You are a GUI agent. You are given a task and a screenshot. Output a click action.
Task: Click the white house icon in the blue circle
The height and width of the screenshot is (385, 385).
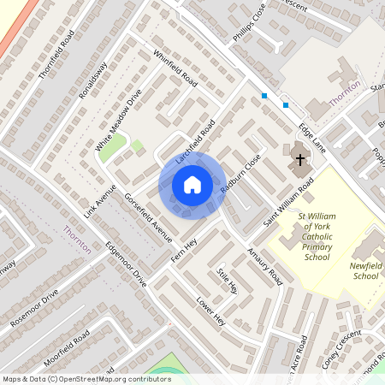pyautogui.click(x=192, y=184)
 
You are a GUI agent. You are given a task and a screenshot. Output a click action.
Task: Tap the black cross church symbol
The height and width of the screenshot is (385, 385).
pyautogui.click(x=300, y=157)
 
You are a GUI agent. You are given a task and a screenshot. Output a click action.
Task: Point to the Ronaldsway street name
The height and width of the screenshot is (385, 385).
pyautogui.click(x=93, y=80)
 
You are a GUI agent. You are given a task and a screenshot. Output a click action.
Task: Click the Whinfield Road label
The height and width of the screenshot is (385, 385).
pyautogui.click(x=175, y=70)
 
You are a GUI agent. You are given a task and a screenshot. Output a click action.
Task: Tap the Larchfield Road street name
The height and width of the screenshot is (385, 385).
pyautogui.click(x=195, y=141)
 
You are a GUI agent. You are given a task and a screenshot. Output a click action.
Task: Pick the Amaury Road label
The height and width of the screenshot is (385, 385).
pyautogui.click(x=264, y=266)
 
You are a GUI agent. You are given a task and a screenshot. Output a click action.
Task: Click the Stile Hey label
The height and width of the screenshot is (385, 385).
pyautogui.click(x=227, y=281)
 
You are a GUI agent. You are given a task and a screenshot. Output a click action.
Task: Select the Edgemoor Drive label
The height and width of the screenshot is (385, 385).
pyautogui.click(x=126, y=267)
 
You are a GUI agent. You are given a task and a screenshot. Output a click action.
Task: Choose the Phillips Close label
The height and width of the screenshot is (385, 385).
pyautogui.click(x=250, y=23)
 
